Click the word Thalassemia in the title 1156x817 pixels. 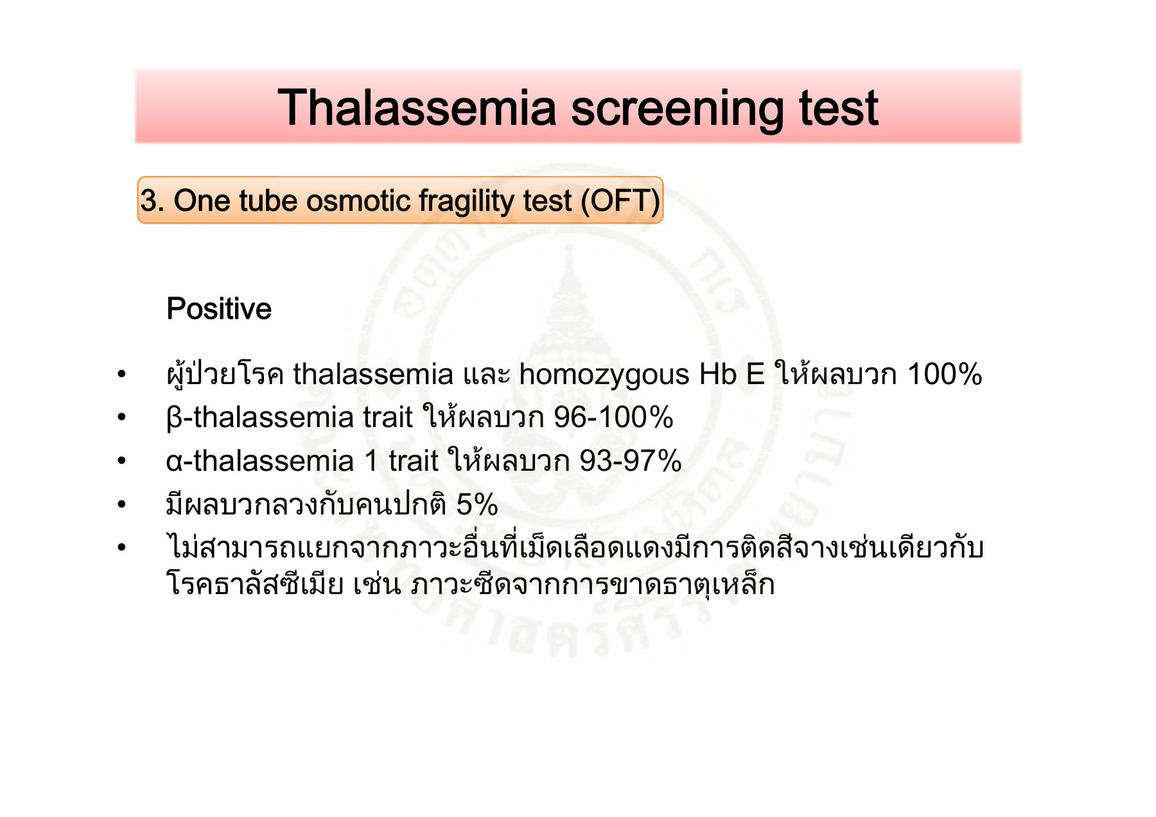click(416, 107)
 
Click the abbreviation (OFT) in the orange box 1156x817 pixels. click(620, 200)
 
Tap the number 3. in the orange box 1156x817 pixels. click(152, 200)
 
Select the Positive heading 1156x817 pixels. click(219, 309)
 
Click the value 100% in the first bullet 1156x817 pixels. click(944, 374)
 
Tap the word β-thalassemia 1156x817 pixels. click(259, 417)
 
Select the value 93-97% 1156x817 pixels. click(630, 461)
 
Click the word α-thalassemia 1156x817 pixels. click(259, 461)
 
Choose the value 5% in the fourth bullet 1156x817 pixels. click(477, 505)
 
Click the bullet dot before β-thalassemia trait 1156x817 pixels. click(122, 418)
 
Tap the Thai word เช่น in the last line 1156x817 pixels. click(376, 584)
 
